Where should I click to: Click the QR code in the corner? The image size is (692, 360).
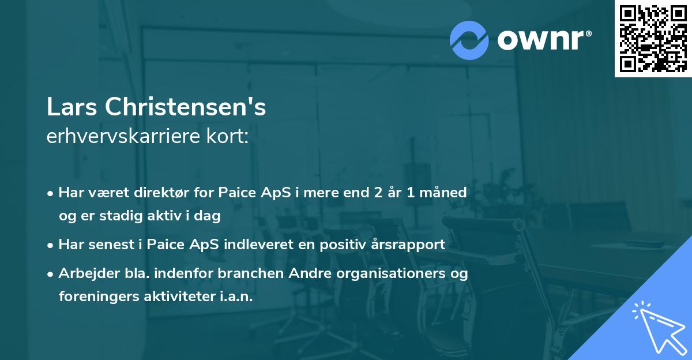[653, 38]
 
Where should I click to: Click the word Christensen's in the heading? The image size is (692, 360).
[185, 108]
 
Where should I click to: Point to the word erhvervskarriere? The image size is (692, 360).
[128, 137]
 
